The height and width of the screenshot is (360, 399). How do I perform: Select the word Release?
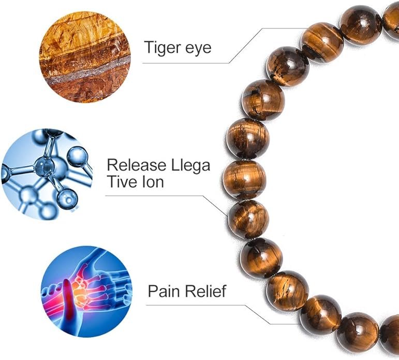pyautogui.click(x=137, y=165)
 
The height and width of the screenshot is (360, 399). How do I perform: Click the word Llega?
pyautogui.click(x=190, y=166)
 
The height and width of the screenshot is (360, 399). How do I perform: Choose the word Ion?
pyautogui.click(x=153, y=182)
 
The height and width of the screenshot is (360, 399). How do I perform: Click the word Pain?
pyautogui.click(x=165, y=291)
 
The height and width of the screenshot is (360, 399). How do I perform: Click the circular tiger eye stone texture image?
pyautogui.click(x=85, y=57)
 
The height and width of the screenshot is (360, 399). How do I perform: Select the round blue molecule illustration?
pyautogui.click(x=47, y=174)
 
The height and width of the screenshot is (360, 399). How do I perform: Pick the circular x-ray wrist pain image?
pyautogui.click(x=86, y=292)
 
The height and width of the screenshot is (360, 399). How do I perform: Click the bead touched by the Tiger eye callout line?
pyautogui.click(x=322, y=42)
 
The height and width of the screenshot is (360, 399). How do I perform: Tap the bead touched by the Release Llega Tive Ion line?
pyautogui.click(x=248, y=219)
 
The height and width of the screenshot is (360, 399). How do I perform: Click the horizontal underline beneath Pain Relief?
pyautogui.click(x=196, y=305)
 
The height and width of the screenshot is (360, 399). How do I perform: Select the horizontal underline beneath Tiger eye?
pyautogui.click(x=186, y=63)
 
